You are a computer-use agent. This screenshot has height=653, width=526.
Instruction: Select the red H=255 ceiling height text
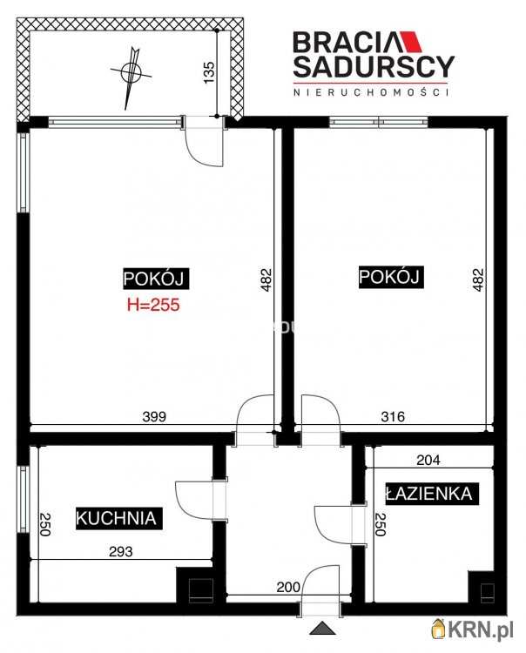tap(153, 305)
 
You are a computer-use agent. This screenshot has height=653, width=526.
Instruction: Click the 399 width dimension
tap(154, 416)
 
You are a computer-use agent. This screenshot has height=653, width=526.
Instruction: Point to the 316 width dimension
tap(393, 416)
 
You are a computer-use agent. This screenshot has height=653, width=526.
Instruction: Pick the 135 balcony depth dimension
tap(209, 72)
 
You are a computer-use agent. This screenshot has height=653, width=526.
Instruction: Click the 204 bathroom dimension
tap(428, 461)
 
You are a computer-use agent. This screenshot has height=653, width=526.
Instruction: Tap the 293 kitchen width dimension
tap(121, 551)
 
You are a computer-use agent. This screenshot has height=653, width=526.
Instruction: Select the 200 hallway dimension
tap(288, 587)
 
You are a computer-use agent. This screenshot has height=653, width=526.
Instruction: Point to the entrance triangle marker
tap(322, 628)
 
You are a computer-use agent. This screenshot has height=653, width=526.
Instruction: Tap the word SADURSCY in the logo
tap(374, 67)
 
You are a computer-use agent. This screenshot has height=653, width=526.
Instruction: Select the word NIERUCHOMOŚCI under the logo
tap(372, 92)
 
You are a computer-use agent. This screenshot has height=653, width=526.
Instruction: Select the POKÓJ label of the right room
tap(391, 277)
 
